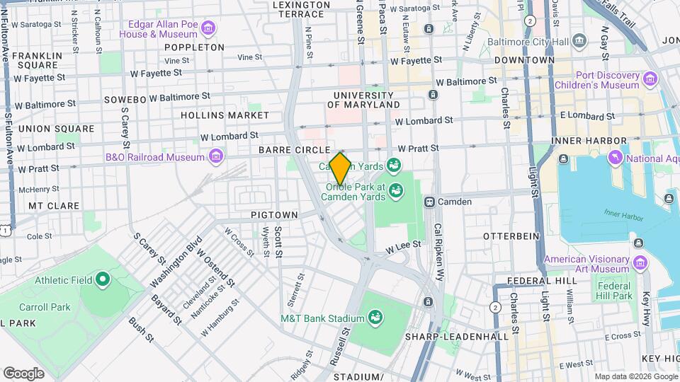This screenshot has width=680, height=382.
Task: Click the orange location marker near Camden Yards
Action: pyautogui.click(x=340, y=169)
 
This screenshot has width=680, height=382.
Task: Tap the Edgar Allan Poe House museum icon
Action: pyautogui.click(x=208, y=28)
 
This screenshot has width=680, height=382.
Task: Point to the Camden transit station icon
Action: pyautogui.click(x=429, y=202)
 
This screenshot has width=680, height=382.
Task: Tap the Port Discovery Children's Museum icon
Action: pyautogui.click(x=651, y=78)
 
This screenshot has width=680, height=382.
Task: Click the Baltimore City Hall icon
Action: pyautogui.click(x=579, y=39)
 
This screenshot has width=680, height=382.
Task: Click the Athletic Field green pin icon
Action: pyautogui.click(x=102, y=279)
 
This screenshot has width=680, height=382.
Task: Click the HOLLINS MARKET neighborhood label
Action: pyautogui.click(x=225, y=115)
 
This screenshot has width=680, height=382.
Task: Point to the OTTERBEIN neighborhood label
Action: pyautogui.click(x=511, y=235)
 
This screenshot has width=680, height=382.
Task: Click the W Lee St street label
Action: pyautogui.click(x=403, y=245)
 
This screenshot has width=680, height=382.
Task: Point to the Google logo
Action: pyautogui.click(x=23, y=373)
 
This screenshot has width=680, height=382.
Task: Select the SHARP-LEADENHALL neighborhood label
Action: pyautogui.click(x=457, y=337)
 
